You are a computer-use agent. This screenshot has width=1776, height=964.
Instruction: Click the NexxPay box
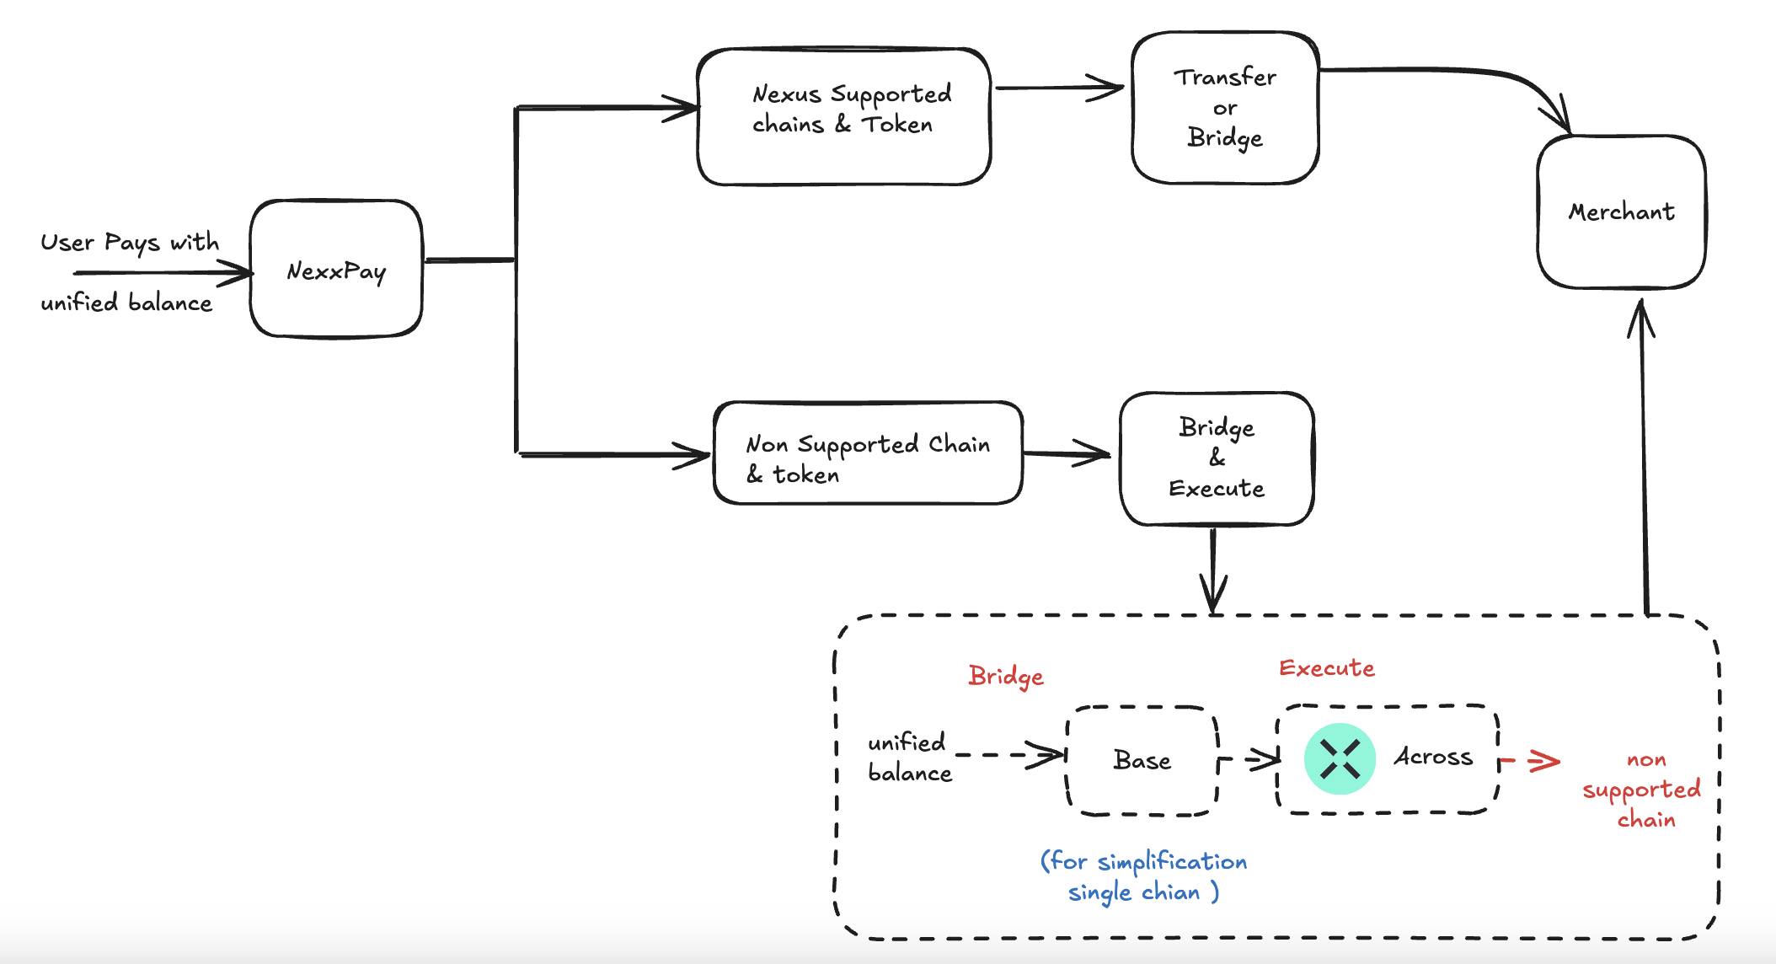click(336, 270)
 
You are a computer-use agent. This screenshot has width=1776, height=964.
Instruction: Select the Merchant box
click(1621, 212)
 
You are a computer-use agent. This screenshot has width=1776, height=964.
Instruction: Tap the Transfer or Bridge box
click(1225, 108)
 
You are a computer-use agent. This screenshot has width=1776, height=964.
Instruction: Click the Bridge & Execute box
click(1217, 458)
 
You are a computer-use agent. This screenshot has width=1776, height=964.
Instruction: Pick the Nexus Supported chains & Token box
click(843, 116)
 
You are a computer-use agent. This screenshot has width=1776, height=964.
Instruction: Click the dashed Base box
click(1142, 761)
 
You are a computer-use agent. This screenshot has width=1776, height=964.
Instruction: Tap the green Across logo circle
click(1340, 758)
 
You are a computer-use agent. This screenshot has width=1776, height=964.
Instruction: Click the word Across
click(1433, 757)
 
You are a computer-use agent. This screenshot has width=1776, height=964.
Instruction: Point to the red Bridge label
click(1006, 676)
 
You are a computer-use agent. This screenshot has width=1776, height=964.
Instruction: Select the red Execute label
click(1326, 668)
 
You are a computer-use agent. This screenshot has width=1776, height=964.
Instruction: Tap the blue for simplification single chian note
click(1143, 876)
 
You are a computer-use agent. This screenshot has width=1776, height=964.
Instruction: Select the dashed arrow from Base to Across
click(1250, 759)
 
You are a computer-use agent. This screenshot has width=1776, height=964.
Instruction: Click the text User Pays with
click(130, 243)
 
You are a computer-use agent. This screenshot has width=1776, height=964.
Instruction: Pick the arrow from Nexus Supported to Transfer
click(1059, 87)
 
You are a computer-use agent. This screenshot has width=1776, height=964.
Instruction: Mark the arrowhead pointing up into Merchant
click(1641, 318)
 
